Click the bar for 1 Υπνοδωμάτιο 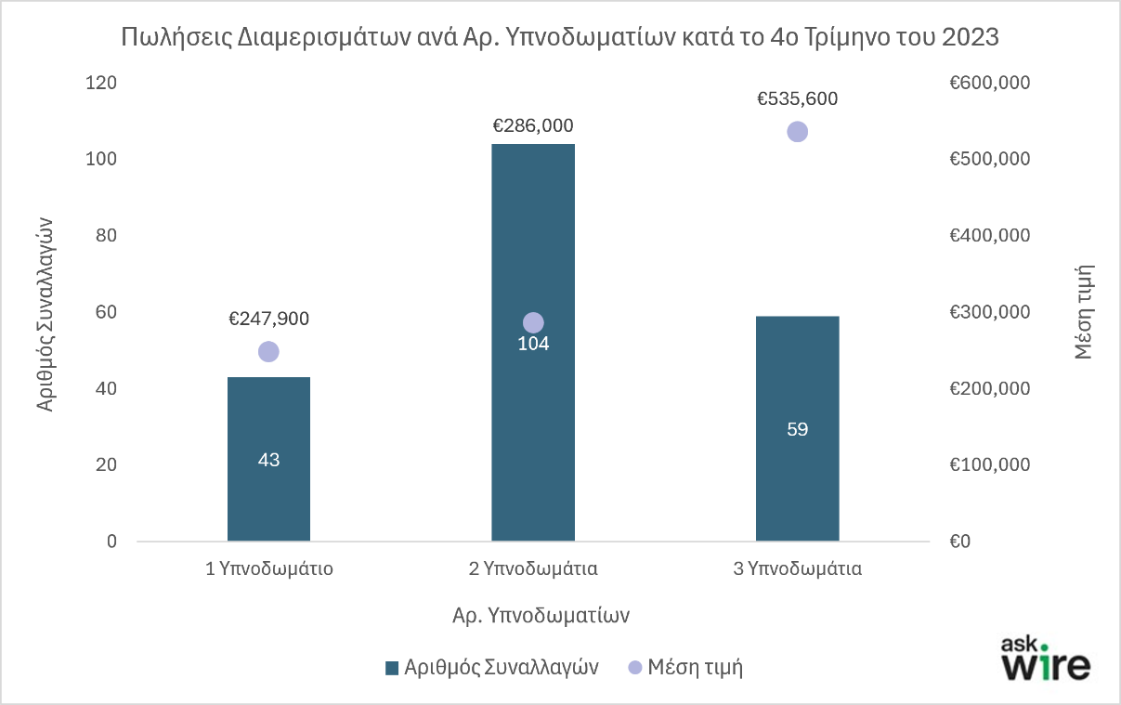point(268,492)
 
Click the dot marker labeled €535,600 point(797,132)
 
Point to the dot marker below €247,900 point(268,351)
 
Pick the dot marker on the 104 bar point(533,322)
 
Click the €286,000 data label point(533,125)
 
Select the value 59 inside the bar point(797,429)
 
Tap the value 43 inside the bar point(268,460)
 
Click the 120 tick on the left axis point(102,83)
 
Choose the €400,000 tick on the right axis point(989,236)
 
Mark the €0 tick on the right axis point(959,542)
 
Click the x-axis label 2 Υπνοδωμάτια point(533,569)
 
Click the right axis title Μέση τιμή point(1083,311)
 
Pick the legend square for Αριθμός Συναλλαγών point(391,668)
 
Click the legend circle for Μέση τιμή point(635,668)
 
